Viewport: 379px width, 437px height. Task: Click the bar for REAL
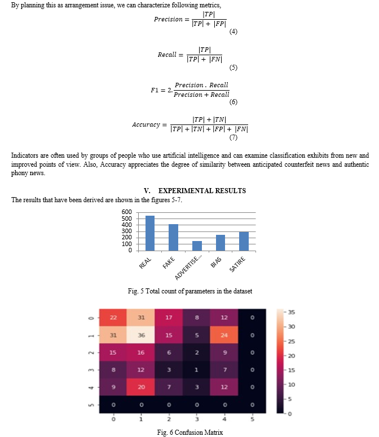(x=150, y=233)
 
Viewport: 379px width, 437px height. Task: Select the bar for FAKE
(x=173, y=238)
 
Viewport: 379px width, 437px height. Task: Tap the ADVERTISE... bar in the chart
(x=197, y=246)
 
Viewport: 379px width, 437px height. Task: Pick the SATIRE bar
(x=244, y=242)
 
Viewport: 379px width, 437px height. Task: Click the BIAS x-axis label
(x=216, y=262)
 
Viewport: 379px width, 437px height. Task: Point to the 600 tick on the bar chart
(x=127, y=212)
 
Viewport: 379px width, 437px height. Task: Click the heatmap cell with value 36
(x=141, y=335)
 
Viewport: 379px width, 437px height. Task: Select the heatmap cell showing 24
(x=224, y=335)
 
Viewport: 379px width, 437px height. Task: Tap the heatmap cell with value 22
(x=113, y=318)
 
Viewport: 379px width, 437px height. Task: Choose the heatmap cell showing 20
(x=141, y=387)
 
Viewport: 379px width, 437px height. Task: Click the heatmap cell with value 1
(x=196, y=369)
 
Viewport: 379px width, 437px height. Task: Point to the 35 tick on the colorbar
(x=292, y=312)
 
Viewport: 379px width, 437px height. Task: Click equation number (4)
(x=233, y=32)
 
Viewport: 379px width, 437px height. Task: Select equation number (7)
(x=233, y=137)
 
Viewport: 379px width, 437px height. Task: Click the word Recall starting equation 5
(x=167, y=55)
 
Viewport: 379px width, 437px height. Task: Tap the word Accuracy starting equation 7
(x=146, y=124)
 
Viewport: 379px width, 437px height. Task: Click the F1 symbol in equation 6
(x=155, y=90)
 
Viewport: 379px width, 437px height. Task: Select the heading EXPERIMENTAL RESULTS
(x=202, y=191)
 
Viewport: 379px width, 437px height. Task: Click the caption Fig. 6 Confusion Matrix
(x=189, y=432)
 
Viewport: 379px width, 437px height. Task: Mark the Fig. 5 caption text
(x=189, y=291)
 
